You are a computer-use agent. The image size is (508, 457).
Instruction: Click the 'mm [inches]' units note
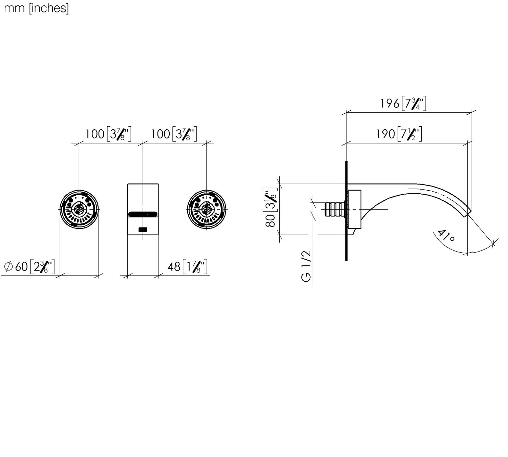[36, 8]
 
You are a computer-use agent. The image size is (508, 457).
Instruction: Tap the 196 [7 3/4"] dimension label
[403, 103]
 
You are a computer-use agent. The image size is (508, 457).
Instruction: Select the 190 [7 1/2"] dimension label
[399, 134]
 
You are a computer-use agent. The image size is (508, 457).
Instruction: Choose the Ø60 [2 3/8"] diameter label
[29, 266]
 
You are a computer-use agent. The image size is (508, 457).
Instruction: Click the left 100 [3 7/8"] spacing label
[108, 134]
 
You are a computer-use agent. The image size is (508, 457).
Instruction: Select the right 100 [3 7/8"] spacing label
[173, 134]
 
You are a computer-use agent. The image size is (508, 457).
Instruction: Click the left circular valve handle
[79, 209]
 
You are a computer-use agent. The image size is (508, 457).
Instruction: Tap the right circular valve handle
[207, 209]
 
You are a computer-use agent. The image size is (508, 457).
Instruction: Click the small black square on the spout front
[143, 230]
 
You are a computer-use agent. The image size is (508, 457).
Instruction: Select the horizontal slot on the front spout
[143, 214]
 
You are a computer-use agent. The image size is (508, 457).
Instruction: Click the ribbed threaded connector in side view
[334, 209]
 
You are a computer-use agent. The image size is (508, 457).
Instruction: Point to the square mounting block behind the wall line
[354, 209]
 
